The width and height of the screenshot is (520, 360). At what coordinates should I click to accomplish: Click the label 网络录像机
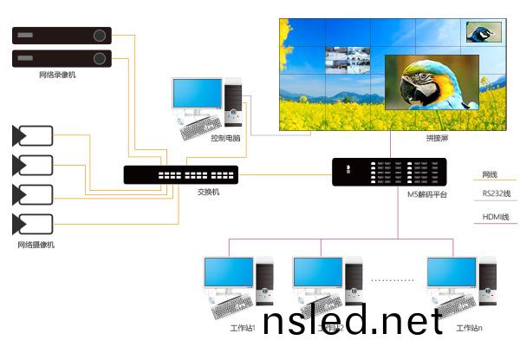57,75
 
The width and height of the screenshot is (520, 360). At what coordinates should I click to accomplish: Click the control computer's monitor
196,95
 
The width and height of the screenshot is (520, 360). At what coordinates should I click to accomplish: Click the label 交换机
208,191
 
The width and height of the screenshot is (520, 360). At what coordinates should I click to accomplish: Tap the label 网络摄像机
36,245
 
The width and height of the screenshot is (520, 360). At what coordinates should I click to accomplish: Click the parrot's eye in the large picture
422,76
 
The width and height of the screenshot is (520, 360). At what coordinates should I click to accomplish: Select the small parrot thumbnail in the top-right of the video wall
483,32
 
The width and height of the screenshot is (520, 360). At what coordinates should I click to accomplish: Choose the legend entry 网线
491,174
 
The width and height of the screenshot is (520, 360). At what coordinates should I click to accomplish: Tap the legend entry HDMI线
495,217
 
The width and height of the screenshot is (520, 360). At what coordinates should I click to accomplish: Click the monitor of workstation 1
228,274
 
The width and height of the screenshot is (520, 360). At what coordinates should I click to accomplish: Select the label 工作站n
468,328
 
